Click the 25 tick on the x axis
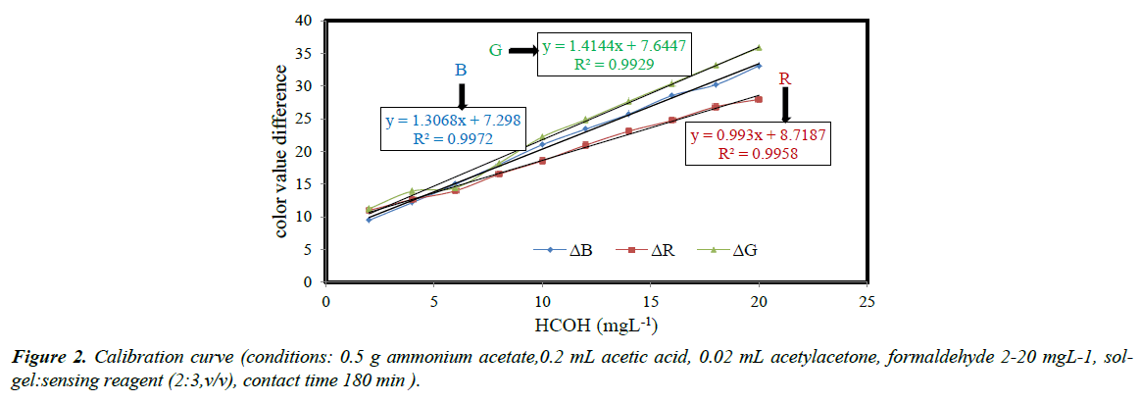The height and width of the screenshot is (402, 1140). pos(867,300)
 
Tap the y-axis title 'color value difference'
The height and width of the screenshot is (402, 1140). pos(281,151)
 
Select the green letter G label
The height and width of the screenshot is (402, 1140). pos(496,49)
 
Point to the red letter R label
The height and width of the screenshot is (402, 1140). pos(784,77)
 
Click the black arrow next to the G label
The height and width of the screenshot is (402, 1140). pos(520,51)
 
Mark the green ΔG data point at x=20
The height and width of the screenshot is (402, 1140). pos(759,47)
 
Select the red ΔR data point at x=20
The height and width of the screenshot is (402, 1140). pos(759,99)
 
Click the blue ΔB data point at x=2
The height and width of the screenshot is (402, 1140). pos(369,220)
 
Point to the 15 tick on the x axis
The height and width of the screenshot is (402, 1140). pos(650,300)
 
